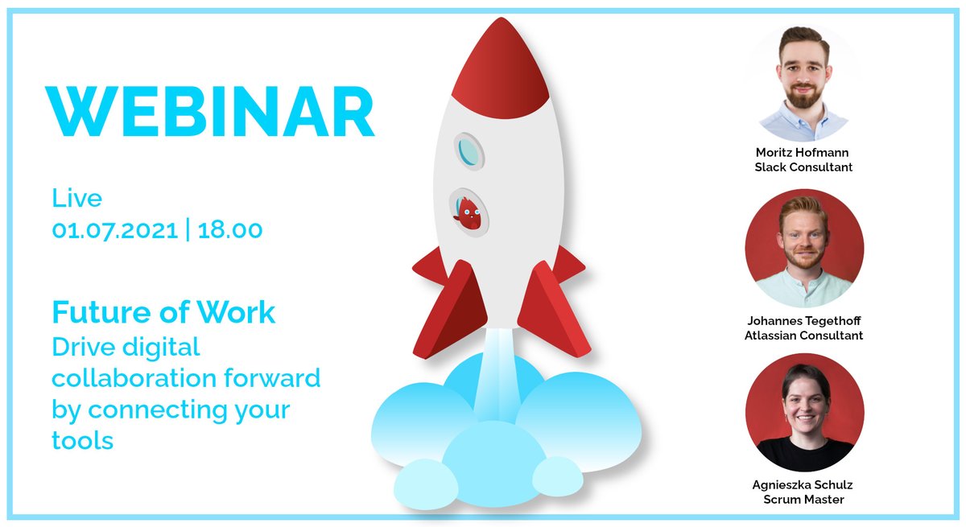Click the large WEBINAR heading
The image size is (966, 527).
pyautogui.click(x=211, y=112)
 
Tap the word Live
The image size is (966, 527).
pyautogui.click(x=77, y=198)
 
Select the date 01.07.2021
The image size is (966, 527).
pyautogui.click(x=114, y=229)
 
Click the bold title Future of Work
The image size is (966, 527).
pyautogui.click(x=163, y=312)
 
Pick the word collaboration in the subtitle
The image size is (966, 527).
pyautogui.click(x=135, y=377)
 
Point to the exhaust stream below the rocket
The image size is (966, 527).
pyautogui.click(x=497, y=378)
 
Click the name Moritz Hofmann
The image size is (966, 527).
pyautogui.click(x=803, y=152)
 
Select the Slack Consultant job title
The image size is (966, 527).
pyautogui.click(x=803, y=167)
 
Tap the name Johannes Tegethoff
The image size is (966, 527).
pyautogui.click(x=803, y=321)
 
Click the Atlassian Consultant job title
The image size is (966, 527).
pyautogui.click(x=803, y=336)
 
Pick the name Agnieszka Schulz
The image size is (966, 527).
pyautogui.click(x=803, y=485)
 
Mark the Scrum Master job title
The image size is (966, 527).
pyautogui.click(x=803, y=500)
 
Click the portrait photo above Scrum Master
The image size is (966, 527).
pyautogui.click(x=803, y=412)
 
